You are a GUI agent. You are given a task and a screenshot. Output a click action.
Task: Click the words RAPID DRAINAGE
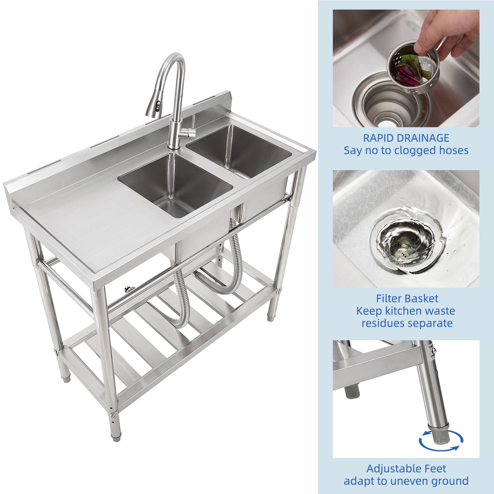(x=406, y=138)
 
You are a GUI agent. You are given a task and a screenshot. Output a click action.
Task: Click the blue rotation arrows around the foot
(x=441, y=440)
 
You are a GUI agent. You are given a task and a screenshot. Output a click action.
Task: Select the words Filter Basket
(x=407, y=299)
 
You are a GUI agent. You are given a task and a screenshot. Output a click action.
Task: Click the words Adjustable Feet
(x=406, y=469)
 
